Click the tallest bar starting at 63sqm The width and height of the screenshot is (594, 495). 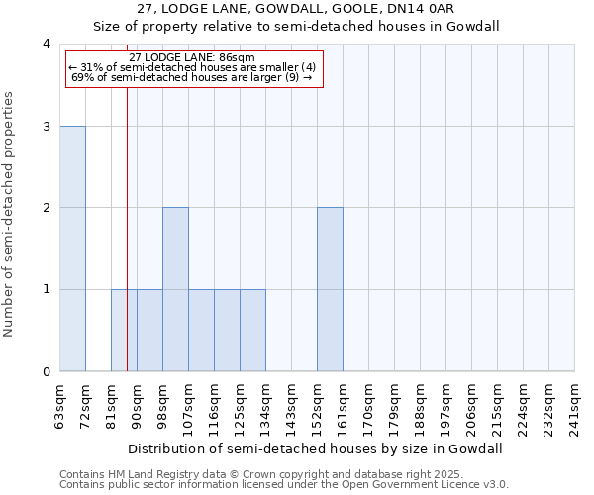click(72, 248)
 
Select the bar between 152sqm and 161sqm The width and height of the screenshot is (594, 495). click(330, 289)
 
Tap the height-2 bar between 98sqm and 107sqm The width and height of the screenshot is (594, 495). click(175, 289)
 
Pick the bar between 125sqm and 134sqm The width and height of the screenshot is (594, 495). click(252, 330)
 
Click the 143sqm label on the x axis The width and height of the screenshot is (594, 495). click(292, 407)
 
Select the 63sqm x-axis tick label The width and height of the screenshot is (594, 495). click(60, 407)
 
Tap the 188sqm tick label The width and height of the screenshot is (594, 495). click(421, 407)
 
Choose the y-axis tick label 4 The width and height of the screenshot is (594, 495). click(46, 44)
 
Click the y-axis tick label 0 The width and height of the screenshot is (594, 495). click(46, 371)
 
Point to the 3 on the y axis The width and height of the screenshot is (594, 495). click(46, 126)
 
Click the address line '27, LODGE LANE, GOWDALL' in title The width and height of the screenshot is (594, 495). click(296, 9)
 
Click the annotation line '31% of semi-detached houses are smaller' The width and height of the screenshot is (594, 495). click(192, 67)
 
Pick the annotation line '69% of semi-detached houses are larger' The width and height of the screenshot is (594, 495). click(192, 76)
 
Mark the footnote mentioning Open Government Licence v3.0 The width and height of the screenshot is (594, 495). click(284, 485)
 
